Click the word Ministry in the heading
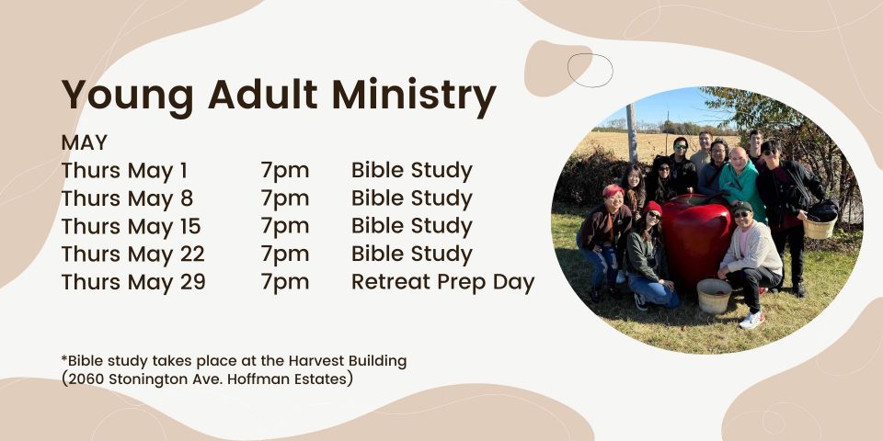[x=414, y=96]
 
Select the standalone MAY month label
[x=85, y=143]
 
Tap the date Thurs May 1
[x=124, y=171]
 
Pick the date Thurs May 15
[x=132, y=226]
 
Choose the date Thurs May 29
[x=133, y=282]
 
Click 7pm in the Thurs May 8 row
[x=285, y=199]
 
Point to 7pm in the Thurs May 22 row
[x=285, y=254]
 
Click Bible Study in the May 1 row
[x=412, y=171]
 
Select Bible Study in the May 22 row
[x=412, y=254]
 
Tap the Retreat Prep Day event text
[x=442, y=282]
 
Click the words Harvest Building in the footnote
[x=348, y=360]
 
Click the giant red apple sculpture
[x=696, y=240]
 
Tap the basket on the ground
[x=714, y=296]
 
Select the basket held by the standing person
[x=820, y=226]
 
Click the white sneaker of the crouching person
[x=751, y=320]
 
